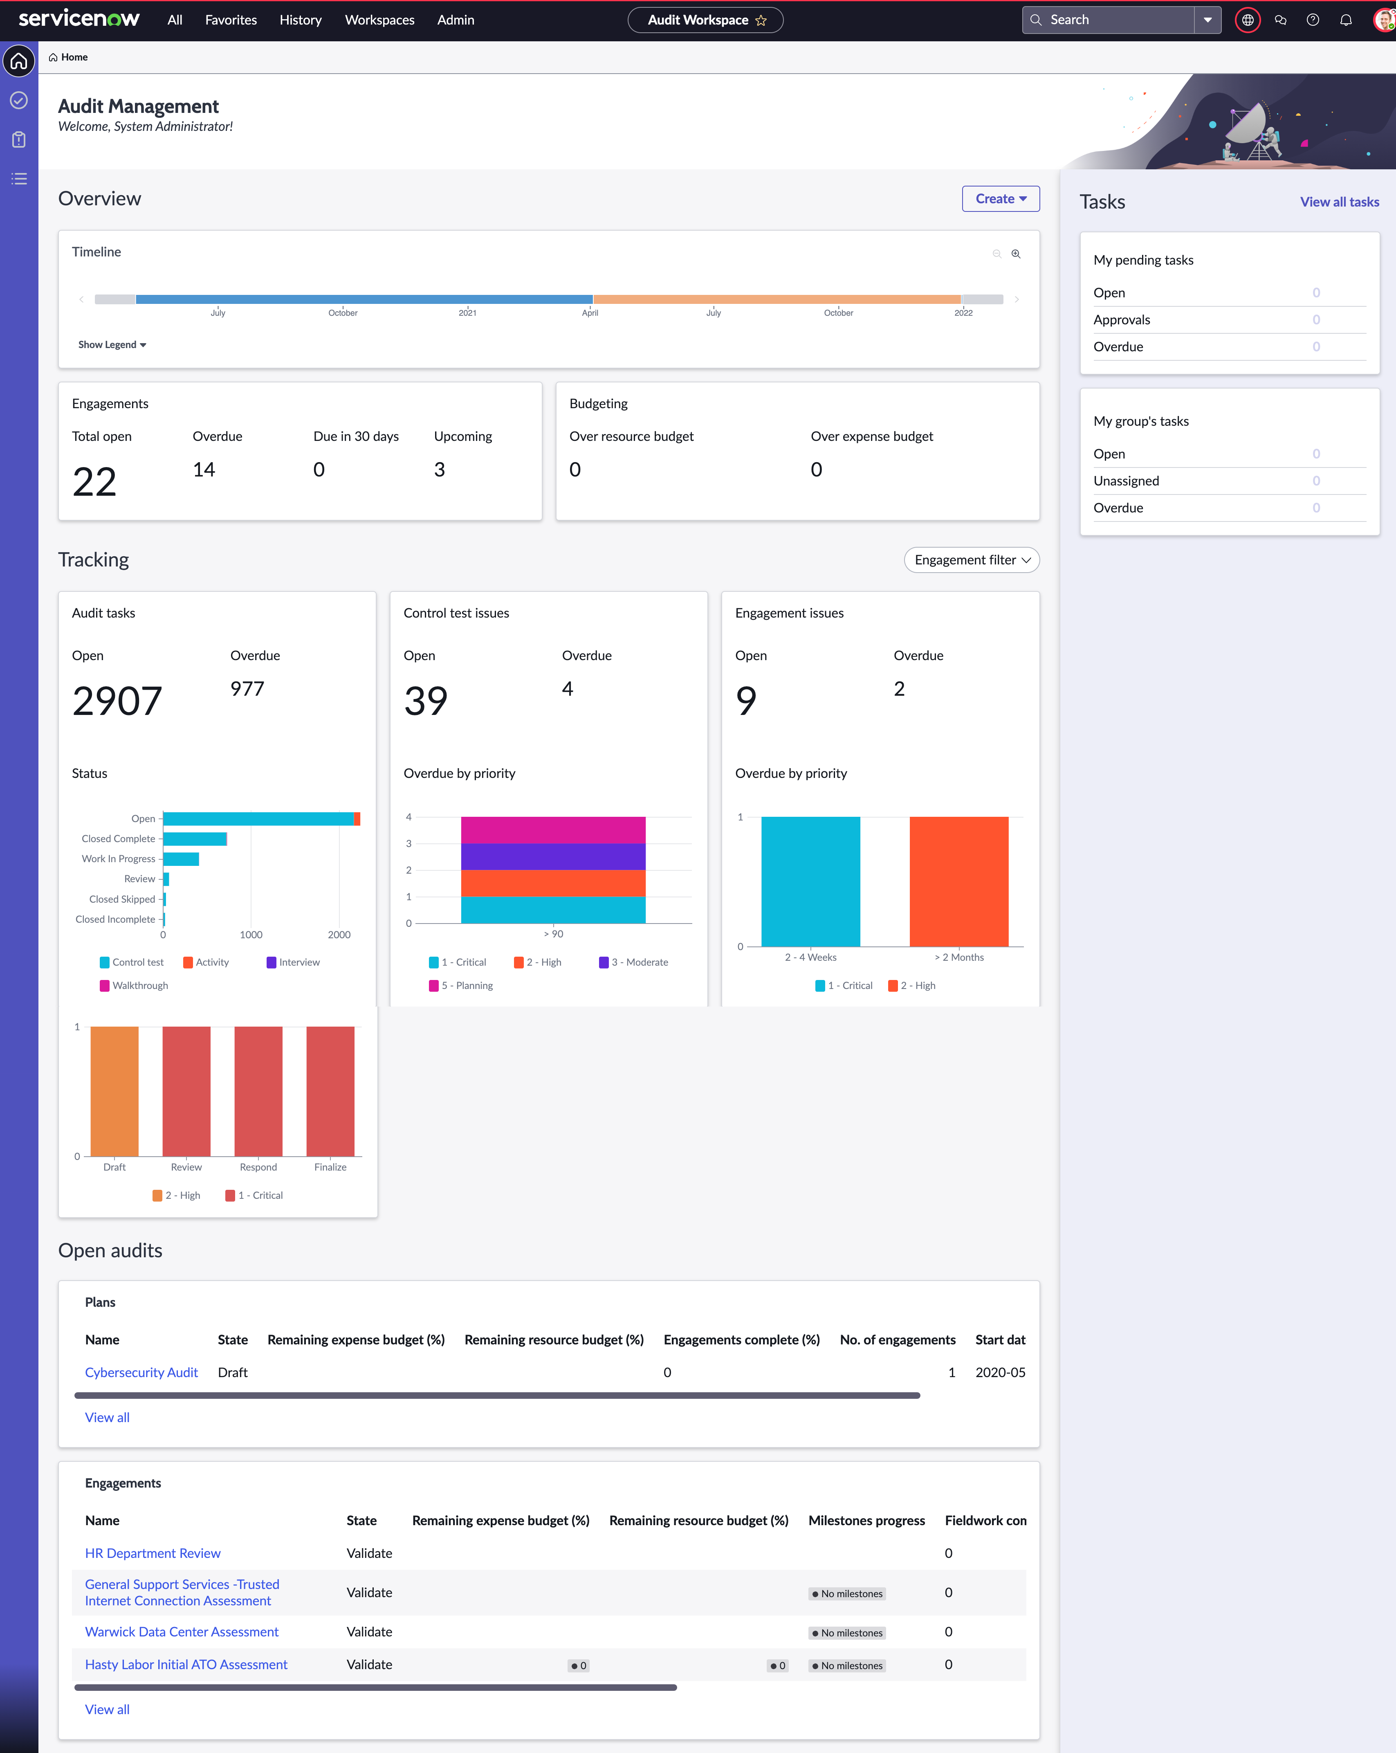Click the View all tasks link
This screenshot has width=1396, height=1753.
tap(1339, 202)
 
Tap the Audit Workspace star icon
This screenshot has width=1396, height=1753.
tap(761, 20)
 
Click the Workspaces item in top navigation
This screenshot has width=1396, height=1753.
tap(380, 20)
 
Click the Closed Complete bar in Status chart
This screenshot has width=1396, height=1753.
tap(195, 838)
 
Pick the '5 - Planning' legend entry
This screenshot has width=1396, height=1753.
tap(461, 985)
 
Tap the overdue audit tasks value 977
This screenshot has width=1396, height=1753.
tap(247, 689)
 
